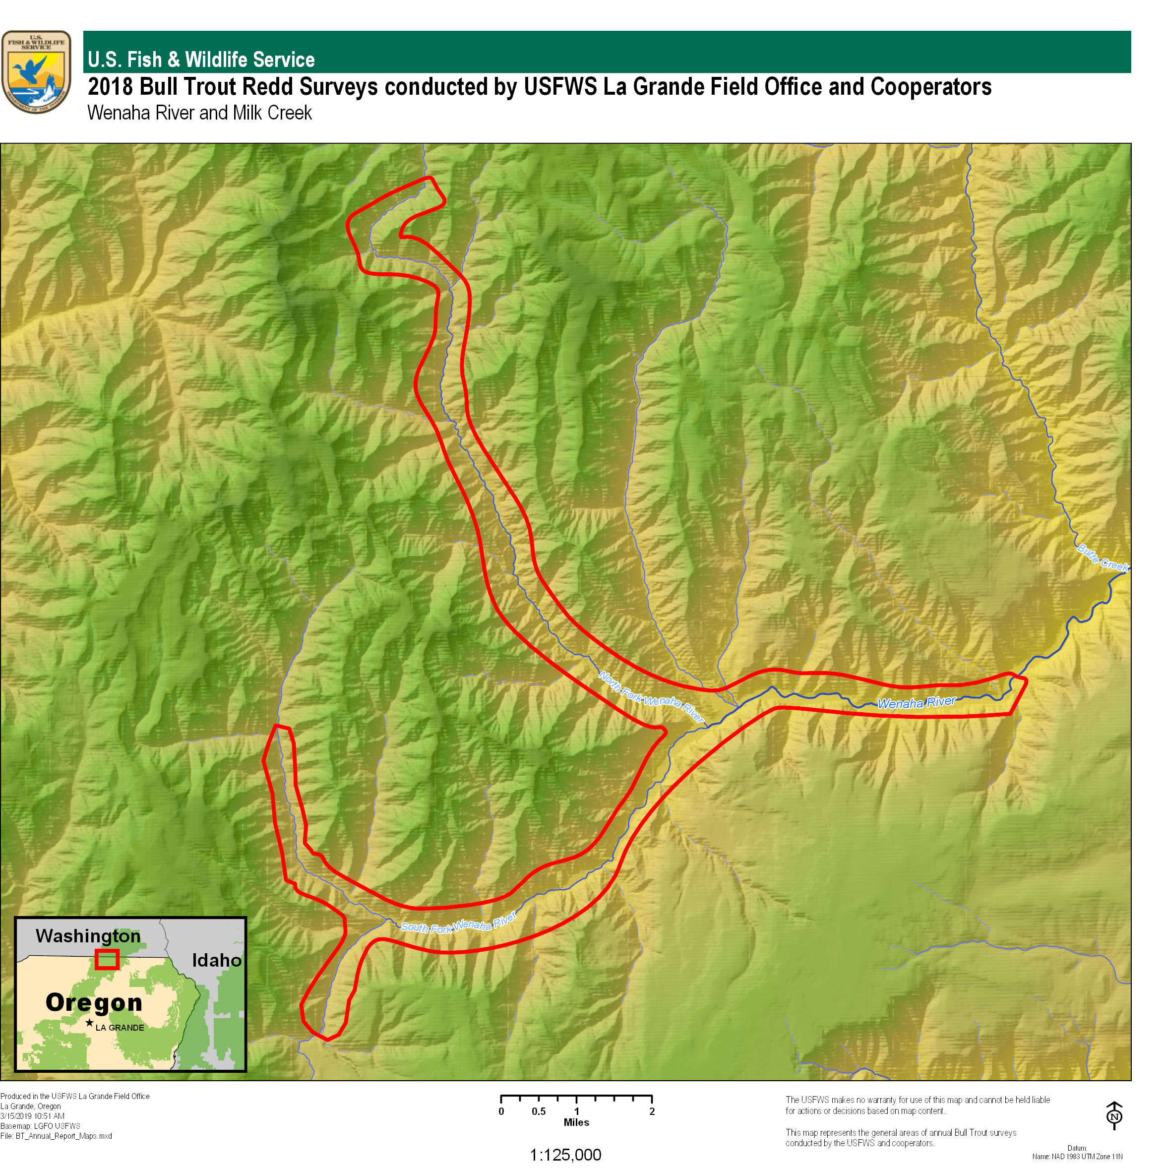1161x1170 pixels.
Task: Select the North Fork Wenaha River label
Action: [x=652, y=696]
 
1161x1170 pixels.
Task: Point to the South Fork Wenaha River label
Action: [x=458, y=923]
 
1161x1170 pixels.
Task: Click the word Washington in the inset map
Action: [x=88, y=936]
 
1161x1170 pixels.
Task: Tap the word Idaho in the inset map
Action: [x=216, y=961]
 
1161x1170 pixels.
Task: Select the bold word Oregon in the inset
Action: [x=94, y=1002]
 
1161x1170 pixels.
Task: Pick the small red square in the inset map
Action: [x=107, y=959]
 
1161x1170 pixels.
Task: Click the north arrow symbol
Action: [x=1114, y=1115]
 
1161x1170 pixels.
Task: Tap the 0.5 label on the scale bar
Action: [x=539, y=1112]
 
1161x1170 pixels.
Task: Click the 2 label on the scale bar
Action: [x=652, y=1112]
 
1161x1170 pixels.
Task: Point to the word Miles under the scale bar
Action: [x=576, y=1123]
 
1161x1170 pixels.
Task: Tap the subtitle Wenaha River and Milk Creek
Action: [x=199, y=113]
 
